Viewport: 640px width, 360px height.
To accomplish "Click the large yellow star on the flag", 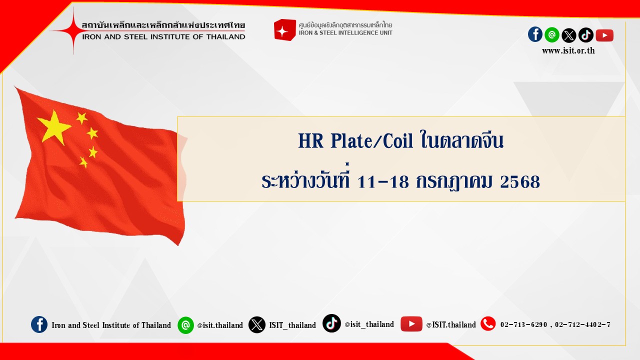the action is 53,127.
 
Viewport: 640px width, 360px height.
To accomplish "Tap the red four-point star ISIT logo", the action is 73,30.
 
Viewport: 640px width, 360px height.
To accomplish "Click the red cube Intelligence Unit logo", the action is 285,29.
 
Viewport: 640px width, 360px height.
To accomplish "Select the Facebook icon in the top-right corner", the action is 535,34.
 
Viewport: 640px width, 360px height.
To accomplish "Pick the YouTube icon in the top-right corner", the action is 604,35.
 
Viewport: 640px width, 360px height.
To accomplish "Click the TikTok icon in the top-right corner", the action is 586,35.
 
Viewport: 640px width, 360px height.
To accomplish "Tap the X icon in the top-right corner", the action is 569,35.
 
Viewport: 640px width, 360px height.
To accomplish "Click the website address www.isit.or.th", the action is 568,50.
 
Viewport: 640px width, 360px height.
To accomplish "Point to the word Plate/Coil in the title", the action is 372,141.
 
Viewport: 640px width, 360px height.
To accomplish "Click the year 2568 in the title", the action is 520,181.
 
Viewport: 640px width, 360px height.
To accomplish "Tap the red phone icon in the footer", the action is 488,323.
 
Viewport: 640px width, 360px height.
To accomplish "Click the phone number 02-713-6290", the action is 523,324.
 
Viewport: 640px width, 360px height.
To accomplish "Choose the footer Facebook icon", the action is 39,324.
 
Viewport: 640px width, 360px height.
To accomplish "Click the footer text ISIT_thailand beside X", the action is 292,325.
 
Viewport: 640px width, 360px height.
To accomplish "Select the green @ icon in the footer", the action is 185,325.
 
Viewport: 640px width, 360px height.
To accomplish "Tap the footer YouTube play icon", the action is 411,323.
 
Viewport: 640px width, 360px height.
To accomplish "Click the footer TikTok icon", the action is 331,323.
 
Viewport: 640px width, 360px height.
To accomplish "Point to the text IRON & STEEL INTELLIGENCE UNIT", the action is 345,33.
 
